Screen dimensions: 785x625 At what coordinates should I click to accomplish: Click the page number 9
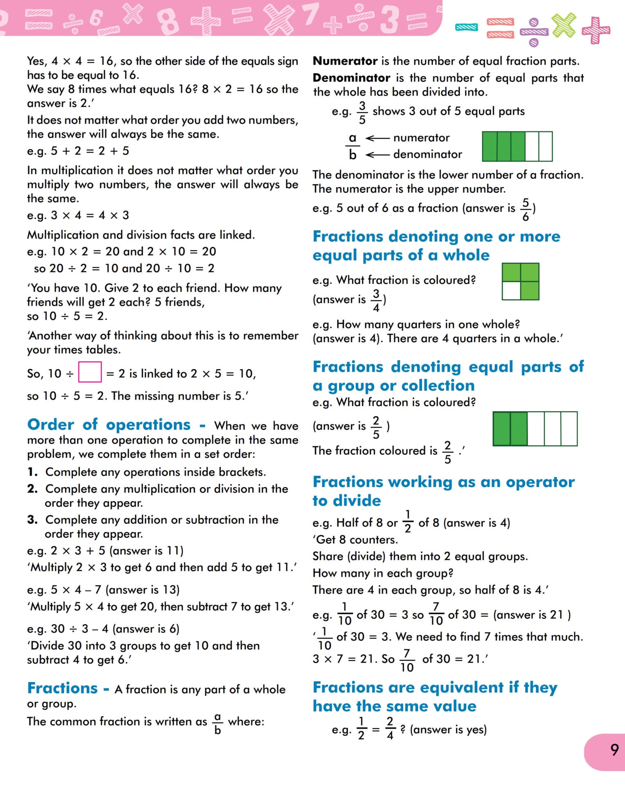(x=614, y=750)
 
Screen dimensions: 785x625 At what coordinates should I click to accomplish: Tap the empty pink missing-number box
(x=90, y=372)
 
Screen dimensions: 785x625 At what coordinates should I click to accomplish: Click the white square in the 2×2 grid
(x=511, y=291)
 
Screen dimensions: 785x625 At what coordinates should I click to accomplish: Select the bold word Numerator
(x=345, y=61)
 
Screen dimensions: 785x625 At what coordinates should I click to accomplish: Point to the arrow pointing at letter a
(x=377, y=138)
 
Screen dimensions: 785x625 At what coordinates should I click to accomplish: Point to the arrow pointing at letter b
(x=377, y=155)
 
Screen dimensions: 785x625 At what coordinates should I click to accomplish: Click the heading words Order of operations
(x=109, y=424)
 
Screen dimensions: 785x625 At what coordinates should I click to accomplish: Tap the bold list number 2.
(x=32, y=489)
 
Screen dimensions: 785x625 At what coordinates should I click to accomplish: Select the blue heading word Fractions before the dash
(x=62, y=688)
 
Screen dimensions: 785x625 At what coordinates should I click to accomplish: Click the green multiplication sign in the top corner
(x=564, y=25)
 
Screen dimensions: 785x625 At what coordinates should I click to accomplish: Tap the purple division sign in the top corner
(x=533, y=31)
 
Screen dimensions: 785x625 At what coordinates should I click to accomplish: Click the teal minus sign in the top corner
(x=466, y=27)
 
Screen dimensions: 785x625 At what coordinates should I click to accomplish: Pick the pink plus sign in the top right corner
(x=596, y=30)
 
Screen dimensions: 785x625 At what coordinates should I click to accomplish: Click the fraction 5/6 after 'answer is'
(x=526, y=209)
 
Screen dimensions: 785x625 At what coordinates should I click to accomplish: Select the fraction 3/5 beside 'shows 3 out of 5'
(x=362, y=113)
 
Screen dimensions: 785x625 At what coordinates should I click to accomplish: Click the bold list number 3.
(x=32, y=520)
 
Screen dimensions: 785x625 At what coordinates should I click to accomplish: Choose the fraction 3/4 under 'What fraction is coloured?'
(x=376, y=301)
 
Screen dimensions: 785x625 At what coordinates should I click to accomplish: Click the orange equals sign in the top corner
(x=500, y=28)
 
